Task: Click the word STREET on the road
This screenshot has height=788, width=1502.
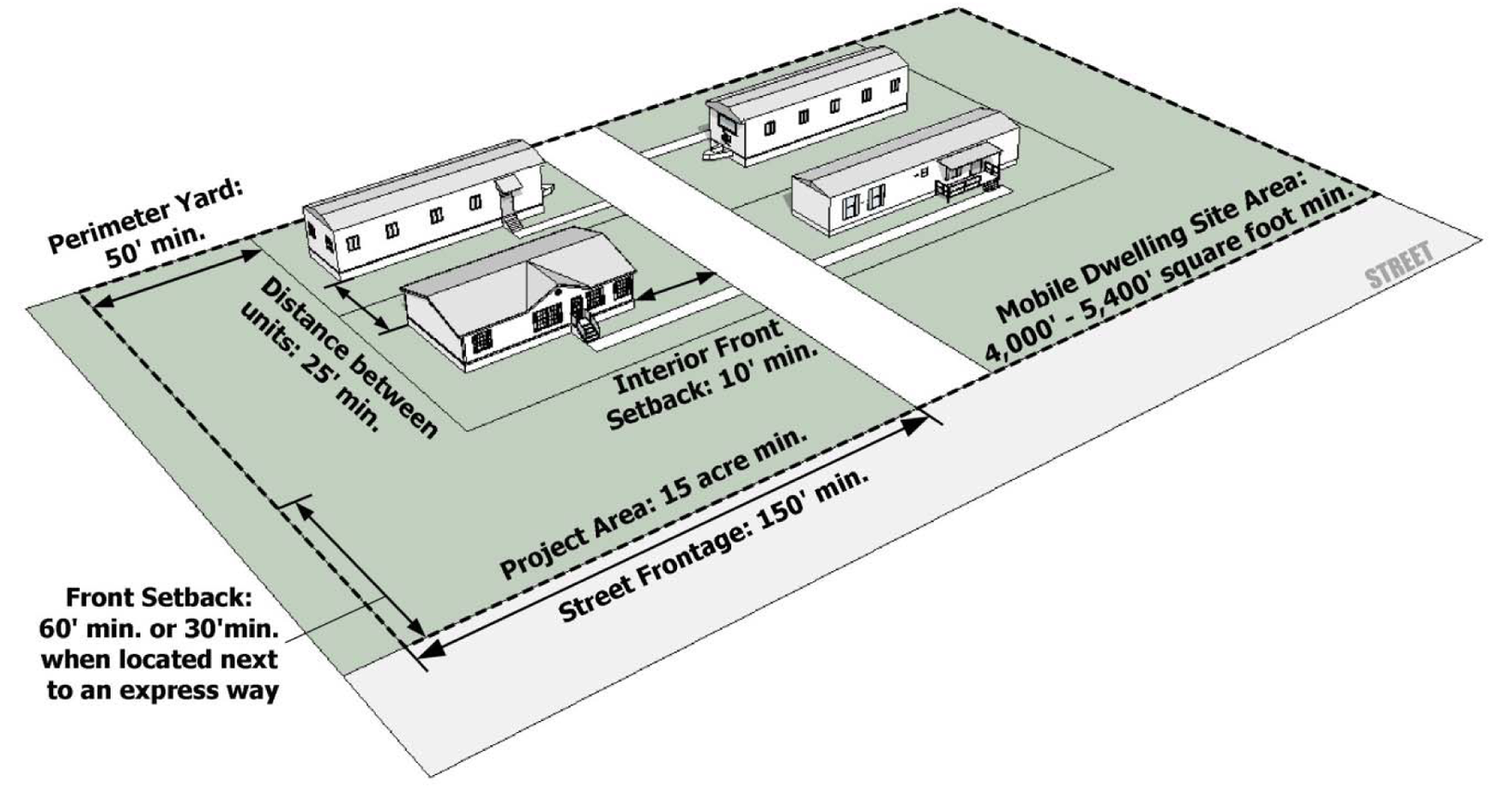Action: click(1398, 265)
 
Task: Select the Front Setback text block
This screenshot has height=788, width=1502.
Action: click(159, 644)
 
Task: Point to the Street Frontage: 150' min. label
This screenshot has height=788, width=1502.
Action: click(714, 545)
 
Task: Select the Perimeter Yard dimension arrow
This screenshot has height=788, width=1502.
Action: click(177, 276)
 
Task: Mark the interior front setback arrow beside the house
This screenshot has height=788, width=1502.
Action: click(676, 287)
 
